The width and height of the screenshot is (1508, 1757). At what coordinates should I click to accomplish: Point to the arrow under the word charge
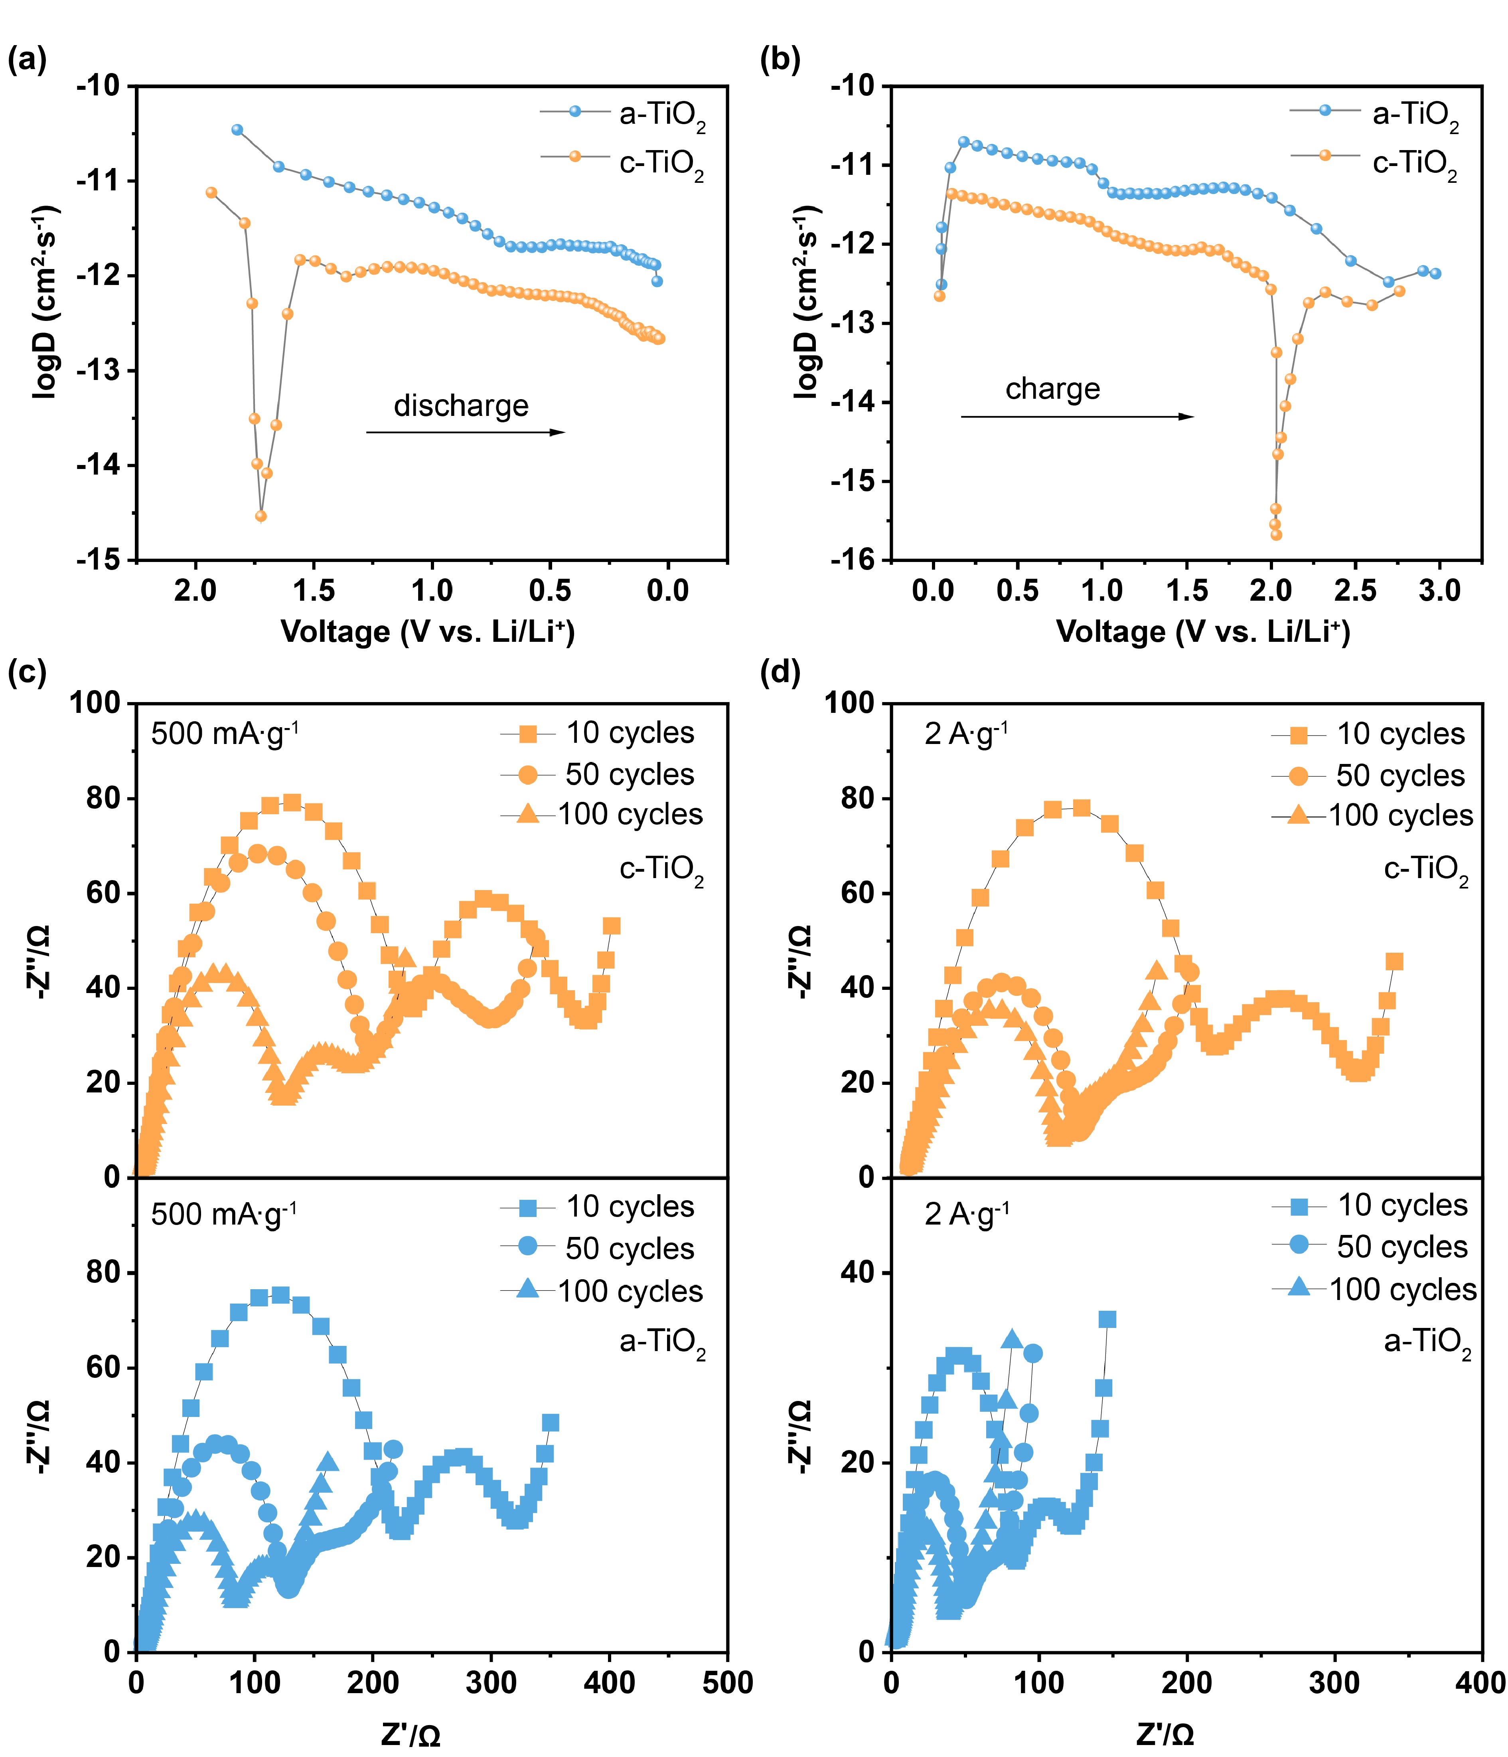(x=1076, y=416)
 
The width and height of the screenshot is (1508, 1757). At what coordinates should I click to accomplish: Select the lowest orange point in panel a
(x=261, y=516)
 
